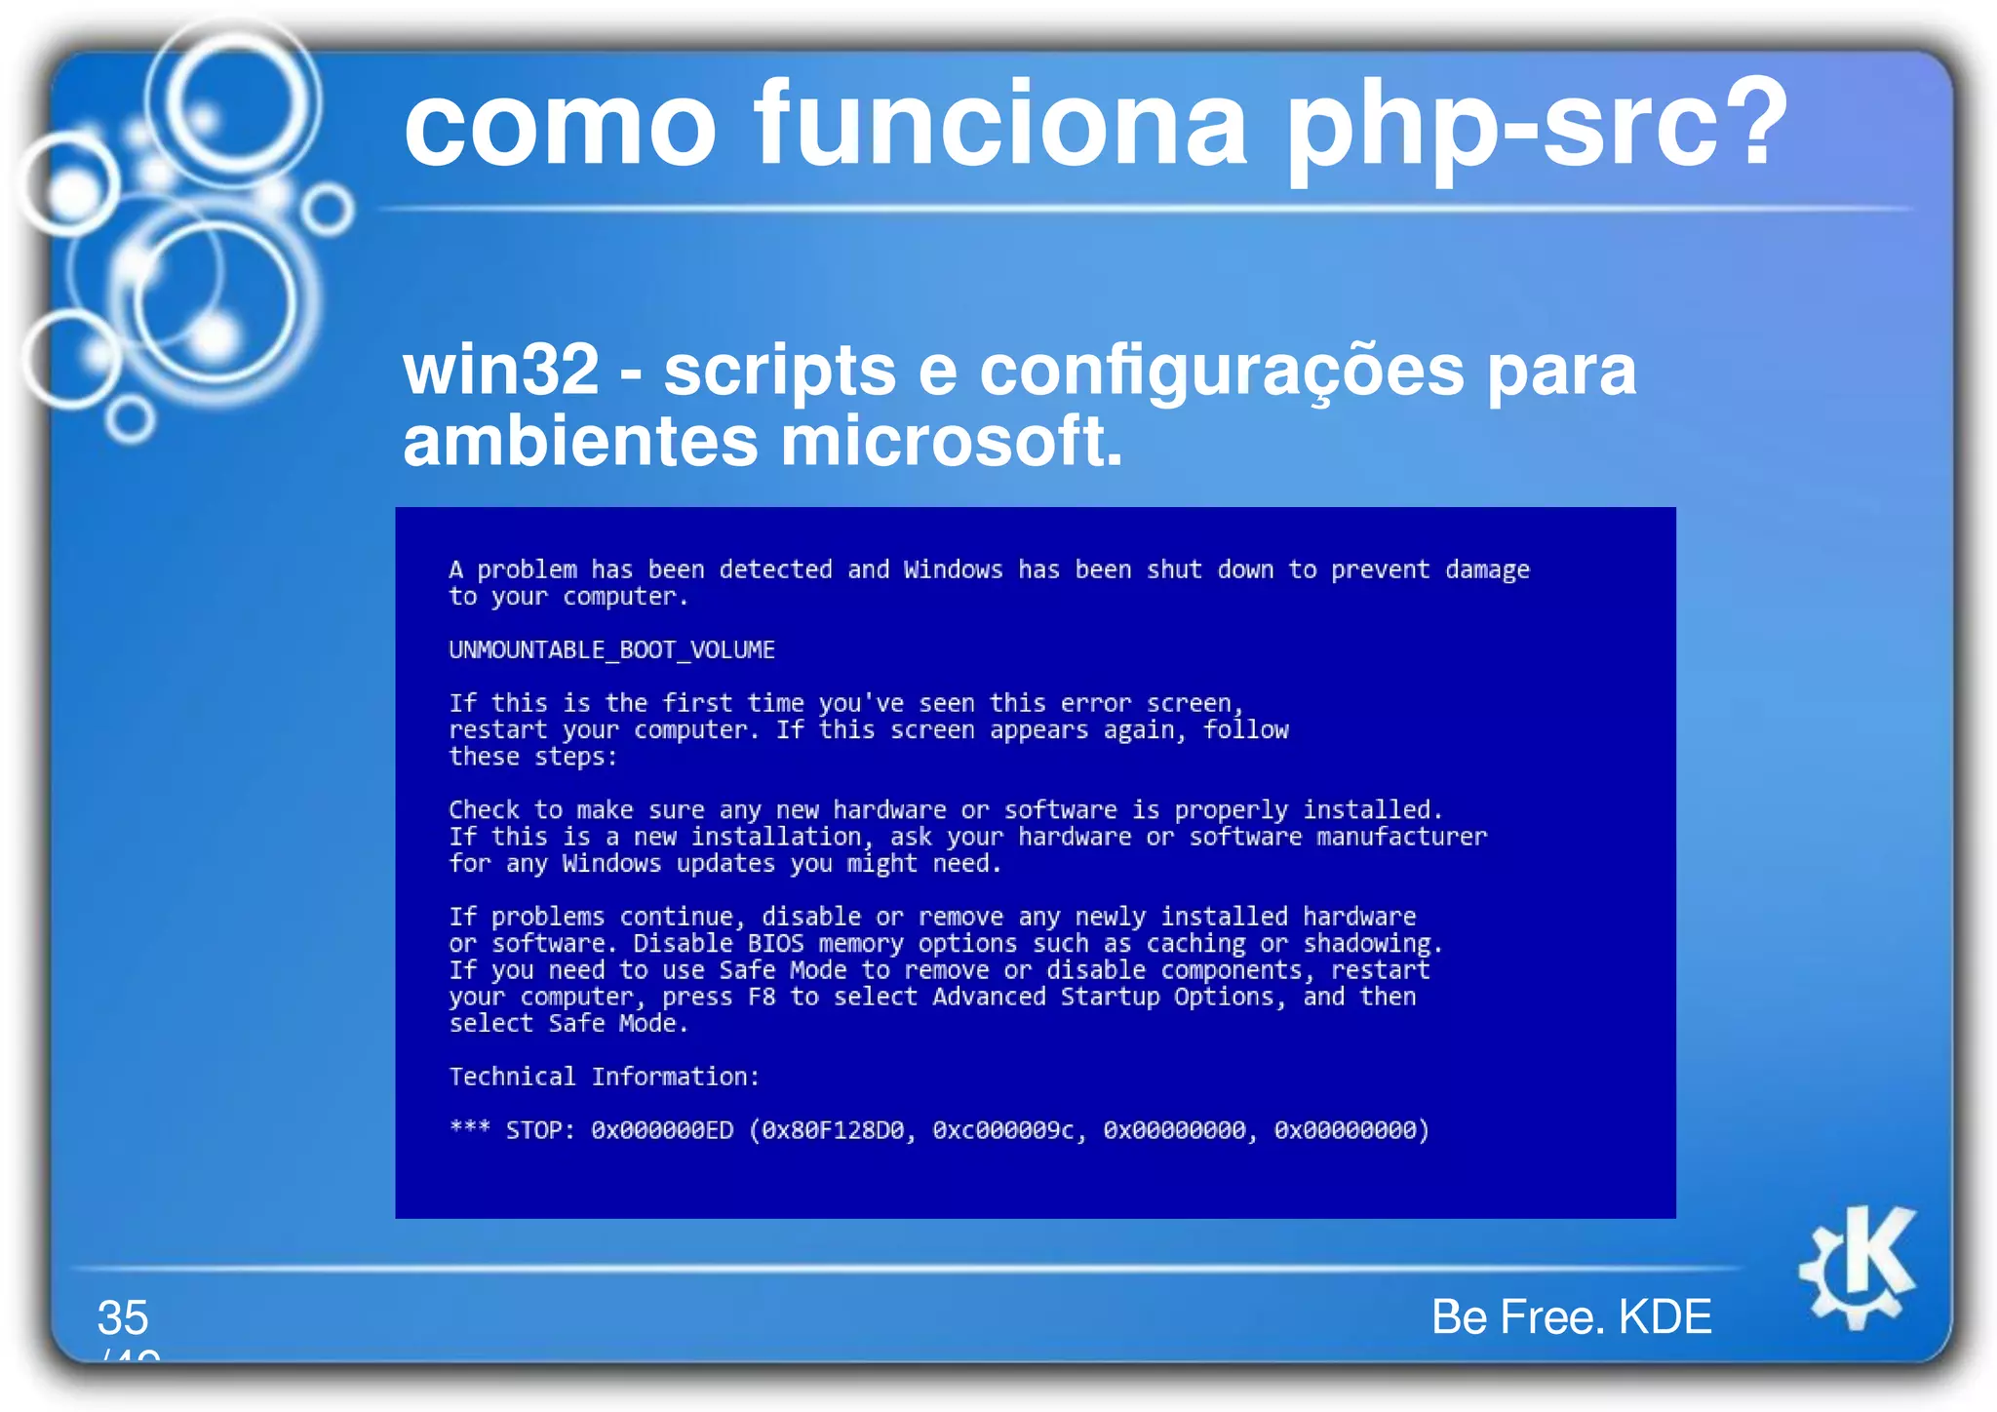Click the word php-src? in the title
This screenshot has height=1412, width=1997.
[x=1537, y=127]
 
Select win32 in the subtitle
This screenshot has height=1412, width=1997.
[x=500, y=371]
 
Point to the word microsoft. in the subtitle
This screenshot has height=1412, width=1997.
[x=951, y=442]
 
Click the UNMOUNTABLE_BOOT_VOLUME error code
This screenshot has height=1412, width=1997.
[x=611, y=650]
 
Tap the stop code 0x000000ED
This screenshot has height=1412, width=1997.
[x=662, y=1130]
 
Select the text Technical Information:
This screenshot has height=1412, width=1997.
[x=604, y=1077]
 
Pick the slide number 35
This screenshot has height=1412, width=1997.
[x=123, y=1317]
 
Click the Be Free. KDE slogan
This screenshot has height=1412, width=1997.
[x=1571, y=1316]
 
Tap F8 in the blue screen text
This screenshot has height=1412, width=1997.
[x=761, y=997]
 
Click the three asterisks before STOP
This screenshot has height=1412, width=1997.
[x=469, y=1128]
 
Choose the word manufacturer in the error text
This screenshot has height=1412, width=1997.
[x=1401, y=837]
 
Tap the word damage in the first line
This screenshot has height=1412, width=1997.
[x=1487, y=569]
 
